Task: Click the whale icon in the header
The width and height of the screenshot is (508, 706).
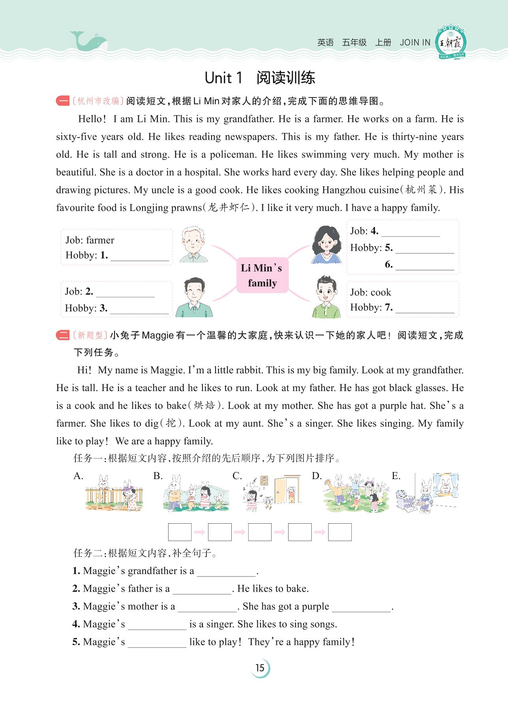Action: (88, 41)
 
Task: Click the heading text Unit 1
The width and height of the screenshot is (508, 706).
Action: (223, 78)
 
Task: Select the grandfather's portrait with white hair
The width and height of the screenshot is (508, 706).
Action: (193, 245)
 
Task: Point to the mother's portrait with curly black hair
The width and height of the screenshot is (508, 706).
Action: (326, 245)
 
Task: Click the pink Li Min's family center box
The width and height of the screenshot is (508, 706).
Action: (262, 275)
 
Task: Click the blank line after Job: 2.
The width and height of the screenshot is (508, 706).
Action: (125, 292)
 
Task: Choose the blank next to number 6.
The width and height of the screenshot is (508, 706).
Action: (424, 266)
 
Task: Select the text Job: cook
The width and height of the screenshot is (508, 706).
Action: (370, 292)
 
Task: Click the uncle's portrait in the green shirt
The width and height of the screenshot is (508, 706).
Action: (326, 297)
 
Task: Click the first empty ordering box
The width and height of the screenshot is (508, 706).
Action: (180, 532)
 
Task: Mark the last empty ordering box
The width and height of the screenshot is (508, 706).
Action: (339, 532)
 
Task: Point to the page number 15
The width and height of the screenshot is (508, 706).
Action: (260, 668)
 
